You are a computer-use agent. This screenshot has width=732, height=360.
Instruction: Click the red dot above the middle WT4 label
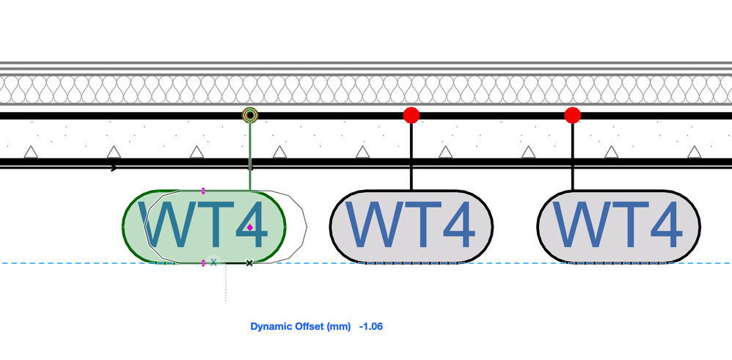click(x=411, y=114)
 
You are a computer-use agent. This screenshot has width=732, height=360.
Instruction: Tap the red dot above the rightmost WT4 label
click(x=573, y=114)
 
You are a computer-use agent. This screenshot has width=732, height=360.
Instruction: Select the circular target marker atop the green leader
click(x=250, y=115)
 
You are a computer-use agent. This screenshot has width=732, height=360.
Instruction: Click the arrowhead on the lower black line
click(x=114, y=168)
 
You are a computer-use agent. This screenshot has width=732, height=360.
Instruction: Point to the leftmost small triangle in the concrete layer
click(x=31, y=153)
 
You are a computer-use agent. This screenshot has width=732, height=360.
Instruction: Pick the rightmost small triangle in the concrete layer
click(x=694, y=153)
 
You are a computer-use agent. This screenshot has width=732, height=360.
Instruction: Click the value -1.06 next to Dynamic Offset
click(x=371, y=326)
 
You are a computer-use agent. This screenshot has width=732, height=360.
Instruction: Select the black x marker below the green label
click(x=249, y=262)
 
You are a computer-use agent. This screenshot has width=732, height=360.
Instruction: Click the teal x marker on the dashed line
click(x=213, y=262)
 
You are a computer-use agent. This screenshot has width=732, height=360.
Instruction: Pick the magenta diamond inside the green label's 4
click(x=250, y=228)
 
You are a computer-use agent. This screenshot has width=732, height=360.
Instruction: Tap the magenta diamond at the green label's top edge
click(x=203, y=191)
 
